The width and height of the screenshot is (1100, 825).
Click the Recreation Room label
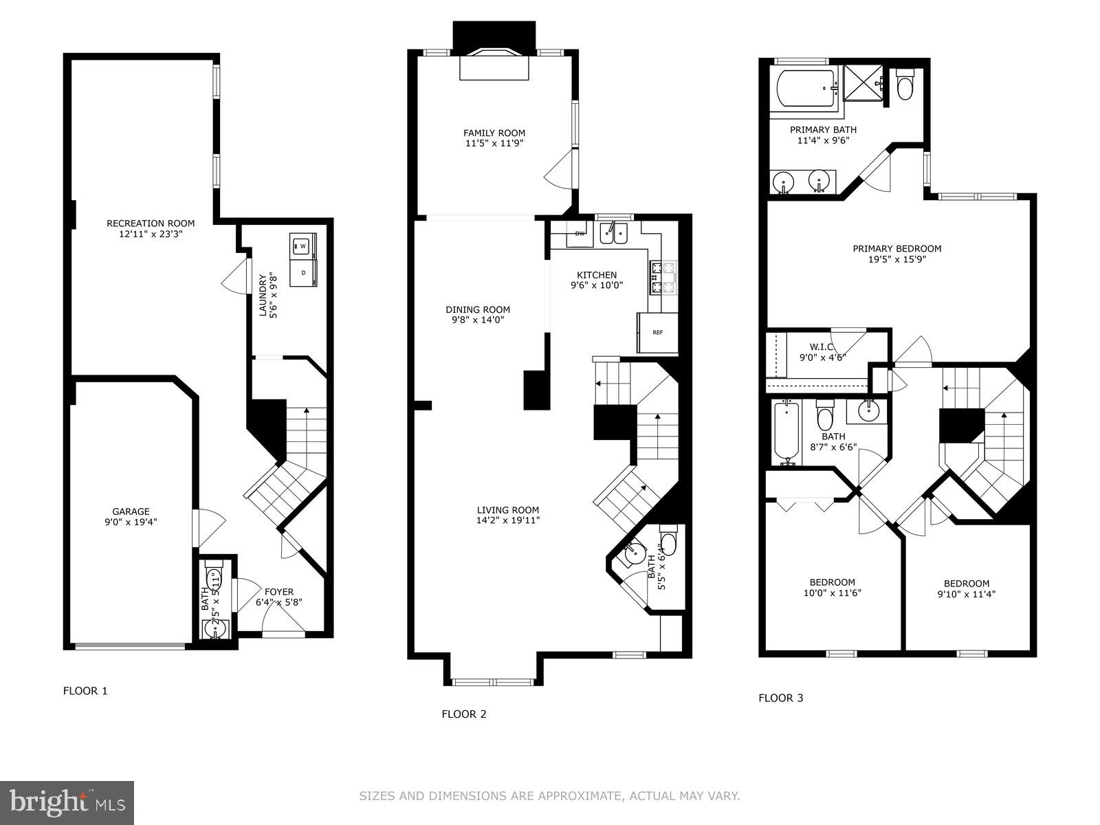150,223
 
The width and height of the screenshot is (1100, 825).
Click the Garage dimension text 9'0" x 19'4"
131,522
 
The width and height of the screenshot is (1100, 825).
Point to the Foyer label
278,591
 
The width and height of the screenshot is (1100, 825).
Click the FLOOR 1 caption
85,691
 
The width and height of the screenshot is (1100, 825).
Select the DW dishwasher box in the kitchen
580,234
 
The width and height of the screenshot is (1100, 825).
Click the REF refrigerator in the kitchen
657,333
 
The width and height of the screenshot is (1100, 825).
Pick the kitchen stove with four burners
663,277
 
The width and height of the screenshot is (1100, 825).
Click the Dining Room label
477,309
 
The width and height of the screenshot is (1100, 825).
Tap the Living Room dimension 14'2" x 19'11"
508,520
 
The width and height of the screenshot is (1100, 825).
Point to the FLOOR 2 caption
463,714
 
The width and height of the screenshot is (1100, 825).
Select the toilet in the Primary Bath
905,85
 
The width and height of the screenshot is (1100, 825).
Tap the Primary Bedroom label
896,249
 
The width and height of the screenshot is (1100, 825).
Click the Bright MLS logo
67,802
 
